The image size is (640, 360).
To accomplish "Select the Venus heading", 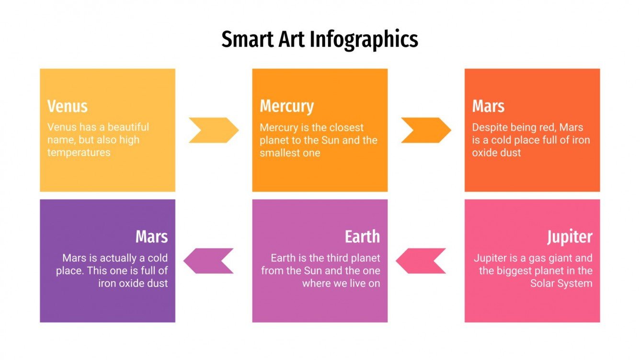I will [x=68, y=106].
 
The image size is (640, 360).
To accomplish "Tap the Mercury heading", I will [x=286, y=106].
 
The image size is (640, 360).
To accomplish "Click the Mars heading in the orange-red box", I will [x=488, y=106].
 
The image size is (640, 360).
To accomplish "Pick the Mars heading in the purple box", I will [x=151, y=236].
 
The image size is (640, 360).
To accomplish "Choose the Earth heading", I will [x=362, y=236].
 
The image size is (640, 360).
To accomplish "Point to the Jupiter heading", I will [x=570, y=236].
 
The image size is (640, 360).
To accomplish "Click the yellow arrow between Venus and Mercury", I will [x=213, y=130].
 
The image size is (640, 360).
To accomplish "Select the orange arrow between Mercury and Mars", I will [x=426, y=130].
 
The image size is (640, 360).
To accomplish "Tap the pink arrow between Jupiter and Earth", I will [x=421, y=261].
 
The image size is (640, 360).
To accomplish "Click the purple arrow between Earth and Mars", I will [x=208, y=261].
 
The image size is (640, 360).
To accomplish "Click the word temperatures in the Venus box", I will [x=79, y=153].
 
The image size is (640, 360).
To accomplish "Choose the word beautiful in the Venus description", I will [x=128, y=127].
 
